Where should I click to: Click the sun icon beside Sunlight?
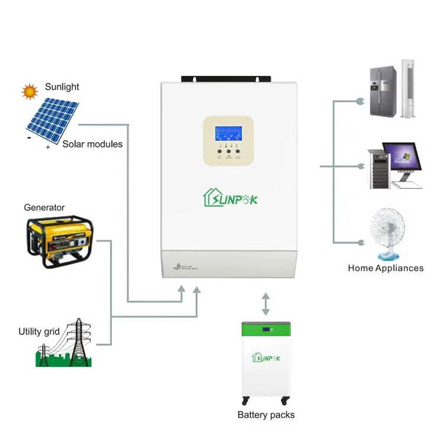tap(29, 91)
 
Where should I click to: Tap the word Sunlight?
tap(62, 87)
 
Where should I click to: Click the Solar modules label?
tap(92, 144)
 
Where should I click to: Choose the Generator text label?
tap(44, 208)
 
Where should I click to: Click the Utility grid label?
tap(39, 332)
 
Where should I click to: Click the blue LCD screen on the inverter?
tap(229, 131)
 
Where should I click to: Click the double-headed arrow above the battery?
tap(265, 304)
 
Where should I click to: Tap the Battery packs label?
tap(266, 414)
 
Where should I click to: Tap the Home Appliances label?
tap(385, 268)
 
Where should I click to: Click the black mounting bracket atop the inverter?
tap(227, 78)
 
